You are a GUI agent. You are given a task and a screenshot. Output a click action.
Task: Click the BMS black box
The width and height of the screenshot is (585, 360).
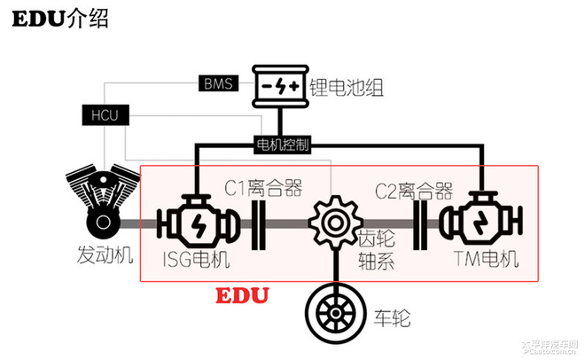[x=218, y=85]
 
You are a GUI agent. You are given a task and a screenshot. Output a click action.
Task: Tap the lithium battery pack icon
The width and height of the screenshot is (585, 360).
[x=281, y=86]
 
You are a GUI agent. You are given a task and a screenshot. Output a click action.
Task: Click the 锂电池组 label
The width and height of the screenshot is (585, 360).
[x=353, y=87]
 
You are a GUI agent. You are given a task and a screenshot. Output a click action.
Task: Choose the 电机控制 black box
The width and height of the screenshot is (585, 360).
[x=284, y=143]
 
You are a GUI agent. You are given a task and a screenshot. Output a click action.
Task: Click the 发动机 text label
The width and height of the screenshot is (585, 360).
[x=105, y=256]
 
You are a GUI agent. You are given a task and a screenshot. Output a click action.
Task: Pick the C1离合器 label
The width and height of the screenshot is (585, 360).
[x=263, y=188]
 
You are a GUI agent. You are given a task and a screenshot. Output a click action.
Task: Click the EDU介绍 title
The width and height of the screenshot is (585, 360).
[x=53, y=20]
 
